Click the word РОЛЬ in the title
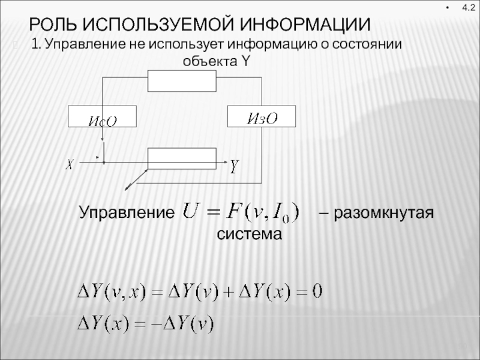(x=53, y=25)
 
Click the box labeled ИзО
(x=262, y=116)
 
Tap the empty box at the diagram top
(x=182, y=80)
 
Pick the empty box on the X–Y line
(x=182, y=158)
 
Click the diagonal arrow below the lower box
(x=136, y=179)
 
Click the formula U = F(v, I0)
(x=244, y=214)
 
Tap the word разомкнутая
(x=385, y=213)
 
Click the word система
(x=248, y=233)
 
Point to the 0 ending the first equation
(x=317, y=292)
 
